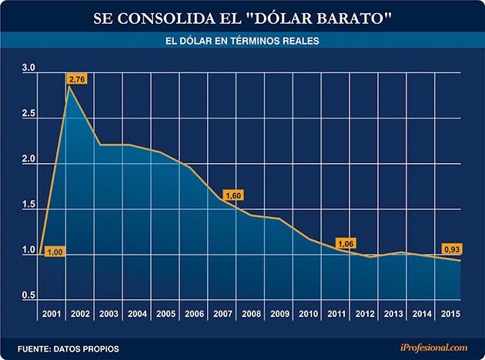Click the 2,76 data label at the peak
pos(78,79)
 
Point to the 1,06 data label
pos(346,245)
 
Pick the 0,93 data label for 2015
pos(452,249)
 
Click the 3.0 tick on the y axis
pos(28,69)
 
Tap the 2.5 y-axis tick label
pos(28,115)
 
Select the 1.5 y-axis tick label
pos(28,205)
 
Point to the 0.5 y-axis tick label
pos(28,296)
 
